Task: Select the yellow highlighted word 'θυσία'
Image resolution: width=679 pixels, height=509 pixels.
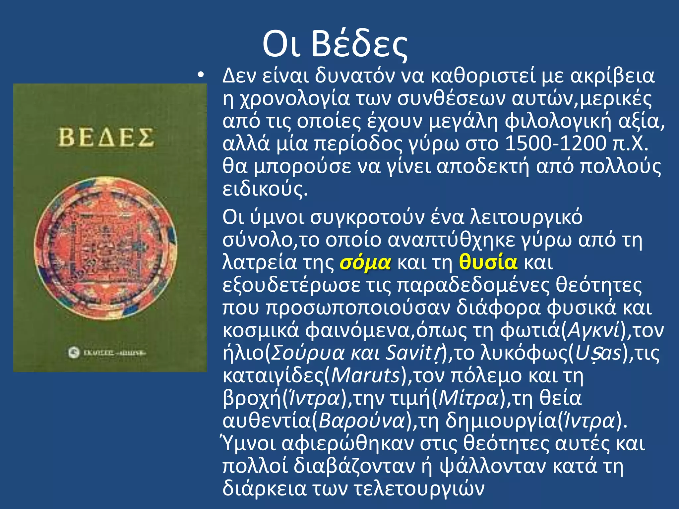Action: pyautogui.click(x=488, y=262)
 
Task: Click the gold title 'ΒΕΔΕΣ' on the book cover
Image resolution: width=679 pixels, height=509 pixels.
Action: pyautogui.click(x=106, y=138)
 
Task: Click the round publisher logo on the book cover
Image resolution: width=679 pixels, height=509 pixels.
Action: pyautogui.click(x=74, y=352)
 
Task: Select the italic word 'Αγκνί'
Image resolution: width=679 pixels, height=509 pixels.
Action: pyautogui.click(x=593, y=330)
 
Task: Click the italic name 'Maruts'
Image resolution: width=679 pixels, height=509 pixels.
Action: pyautogui.click(x=366, y=375)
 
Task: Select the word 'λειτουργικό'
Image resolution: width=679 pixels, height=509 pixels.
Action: pyautogui.click(x=526, y=217)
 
